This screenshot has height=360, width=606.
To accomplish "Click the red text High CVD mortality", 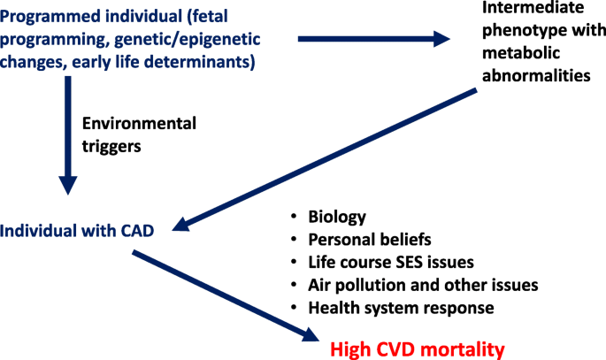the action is coord(418,349).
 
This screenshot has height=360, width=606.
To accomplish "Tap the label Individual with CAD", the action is coord(77,231).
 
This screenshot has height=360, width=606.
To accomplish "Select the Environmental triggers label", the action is coord(139,134).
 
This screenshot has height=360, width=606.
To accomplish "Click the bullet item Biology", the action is coord(337,217).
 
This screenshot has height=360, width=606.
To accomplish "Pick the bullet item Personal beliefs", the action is coord(370,240).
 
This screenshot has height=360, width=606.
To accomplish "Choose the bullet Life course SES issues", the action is coord(391,263).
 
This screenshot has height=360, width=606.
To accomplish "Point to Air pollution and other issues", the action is coord(423,285).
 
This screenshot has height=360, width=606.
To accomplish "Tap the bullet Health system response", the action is coord(401,308).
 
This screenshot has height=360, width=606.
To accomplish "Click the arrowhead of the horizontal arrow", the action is coord(441,39).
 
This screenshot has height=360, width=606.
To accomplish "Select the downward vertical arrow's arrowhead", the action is coord(68,186).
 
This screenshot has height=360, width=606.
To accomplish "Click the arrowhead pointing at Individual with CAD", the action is coord(180,225).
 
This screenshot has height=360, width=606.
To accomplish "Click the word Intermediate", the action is coord(533,7).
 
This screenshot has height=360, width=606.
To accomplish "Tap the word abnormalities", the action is coord(536,75).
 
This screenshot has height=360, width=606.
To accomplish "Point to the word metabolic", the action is coord(521,53).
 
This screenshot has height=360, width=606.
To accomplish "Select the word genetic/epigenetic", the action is coord(188,40).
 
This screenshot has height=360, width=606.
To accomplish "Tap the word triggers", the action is coord(111,147).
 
